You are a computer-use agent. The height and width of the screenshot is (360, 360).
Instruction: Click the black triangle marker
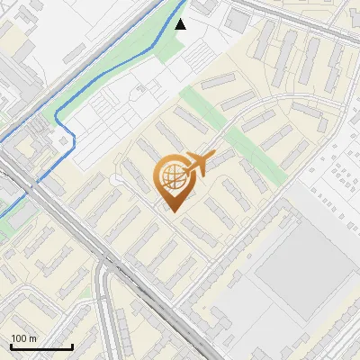[x=181, y=24]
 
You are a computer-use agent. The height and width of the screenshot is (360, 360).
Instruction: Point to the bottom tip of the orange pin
[x=174, y=212]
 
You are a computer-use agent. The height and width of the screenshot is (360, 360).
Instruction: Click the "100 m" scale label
[x=24, y=338]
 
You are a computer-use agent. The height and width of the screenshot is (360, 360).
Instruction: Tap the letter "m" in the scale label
[x=33, y=338]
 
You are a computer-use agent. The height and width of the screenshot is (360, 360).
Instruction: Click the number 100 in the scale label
[x=20, y=338]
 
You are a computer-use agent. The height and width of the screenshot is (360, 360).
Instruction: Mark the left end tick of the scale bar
[x=11, y=346]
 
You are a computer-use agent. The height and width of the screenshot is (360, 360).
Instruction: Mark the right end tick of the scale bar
[x=72, y=346]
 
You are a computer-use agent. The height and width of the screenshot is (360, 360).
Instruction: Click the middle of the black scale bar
[x=41, y=347]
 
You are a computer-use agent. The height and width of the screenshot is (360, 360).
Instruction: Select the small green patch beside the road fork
[x=7, y=225]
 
